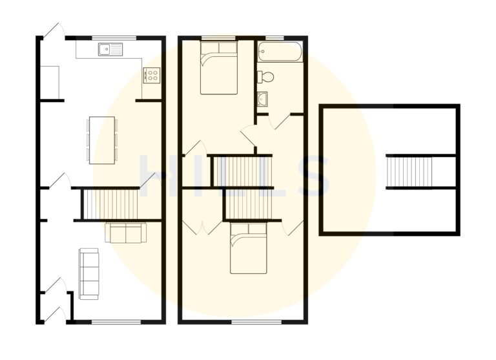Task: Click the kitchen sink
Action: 110,49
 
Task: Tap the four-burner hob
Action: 152,76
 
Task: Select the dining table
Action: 102,140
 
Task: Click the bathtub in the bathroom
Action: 280,52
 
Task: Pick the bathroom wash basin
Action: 262,99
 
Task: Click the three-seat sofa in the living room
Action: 88,274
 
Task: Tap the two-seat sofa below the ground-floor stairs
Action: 125,233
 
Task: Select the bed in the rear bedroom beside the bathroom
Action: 218,68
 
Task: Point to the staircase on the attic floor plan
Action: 409,172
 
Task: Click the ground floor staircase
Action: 110,204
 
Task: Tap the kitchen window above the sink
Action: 114,38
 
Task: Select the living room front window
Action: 116,322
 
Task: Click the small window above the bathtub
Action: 274,38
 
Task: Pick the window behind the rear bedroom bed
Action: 218,38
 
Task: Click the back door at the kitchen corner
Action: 54,30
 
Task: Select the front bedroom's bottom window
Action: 256,322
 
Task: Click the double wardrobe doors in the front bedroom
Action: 202,228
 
